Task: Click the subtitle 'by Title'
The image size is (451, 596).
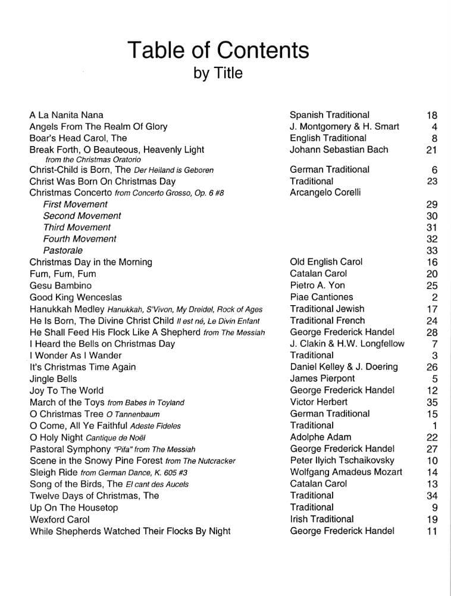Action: pos(218,73)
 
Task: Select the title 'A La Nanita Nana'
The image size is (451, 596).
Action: pos(66,114)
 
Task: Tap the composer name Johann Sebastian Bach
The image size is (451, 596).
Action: pos(339,150)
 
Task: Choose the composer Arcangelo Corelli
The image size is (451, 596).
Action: pos(325,193)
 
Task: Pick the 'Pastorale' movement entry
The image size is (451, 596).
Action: pos(63,250)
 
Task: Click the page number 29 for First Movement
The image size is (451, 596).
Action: pos(432,204)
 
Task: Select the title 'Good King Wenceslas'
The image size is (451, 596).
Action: pos(76,297)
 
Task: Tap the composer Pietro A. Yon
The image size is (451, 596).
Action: pos(317,285)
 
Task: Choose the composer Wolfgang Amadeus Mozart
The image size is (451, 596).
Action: pos(346,472)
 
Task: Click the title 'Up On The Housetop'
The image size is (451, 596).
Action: pos(74,508)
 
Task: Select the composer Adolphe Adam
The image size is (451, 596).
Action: pos(320,437)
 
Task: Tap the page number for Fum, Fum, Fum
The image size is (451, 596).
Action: pos(432,274)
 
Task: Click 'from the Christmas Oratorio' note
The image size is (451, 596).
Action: pos(93,160)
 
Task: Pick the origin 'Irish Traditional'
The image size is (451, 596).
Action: pos(321,519)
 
